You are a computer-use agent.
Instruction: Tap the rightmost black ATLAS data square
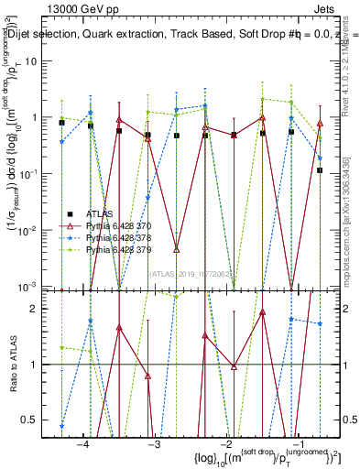click(320, 170)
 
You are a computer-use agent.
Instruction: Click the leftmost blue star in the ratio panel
click(61, 425)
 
